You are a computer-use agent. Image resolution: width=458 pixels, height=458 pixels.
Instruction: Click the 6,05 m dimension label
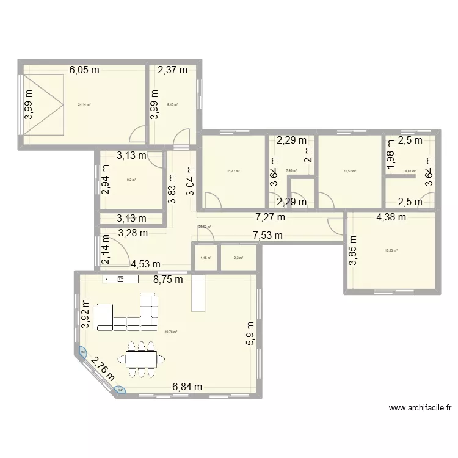tap(84, 70)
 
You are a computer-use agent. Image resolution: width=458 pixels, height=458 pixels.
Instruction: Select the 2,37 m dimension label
tap(173, 70)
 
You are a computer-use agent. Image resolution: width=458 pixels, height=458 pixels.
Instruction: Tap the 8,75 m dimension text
tap(167, 280)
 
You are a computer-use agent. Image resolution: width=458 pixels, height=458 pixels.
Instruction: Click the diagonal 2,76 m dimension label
tap(103, 369)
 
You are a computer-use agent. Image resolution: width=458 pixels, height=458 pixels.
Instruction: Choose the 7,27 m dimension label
tap(270, 217)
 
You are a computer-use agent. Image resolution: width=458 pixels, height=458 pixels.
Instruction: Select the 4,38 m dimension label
tap(391, 217)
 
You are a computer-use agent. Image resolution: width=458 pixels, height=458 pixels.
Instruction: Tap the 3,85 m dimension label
tap(352, 251)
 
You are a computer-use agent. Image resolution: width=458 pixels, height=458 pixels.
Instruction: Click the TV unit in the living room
tap(121, 279)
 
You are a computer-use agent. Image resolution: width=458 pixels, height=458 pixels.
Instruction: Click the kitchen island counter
tap(197, 293)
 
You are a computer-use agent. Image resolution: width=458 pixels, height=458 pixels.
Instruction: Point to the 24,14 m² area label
tap(84, 104)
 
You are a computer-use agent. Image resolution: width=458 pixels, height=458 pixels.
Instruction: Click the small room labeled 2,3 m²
tap(237, 258)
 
